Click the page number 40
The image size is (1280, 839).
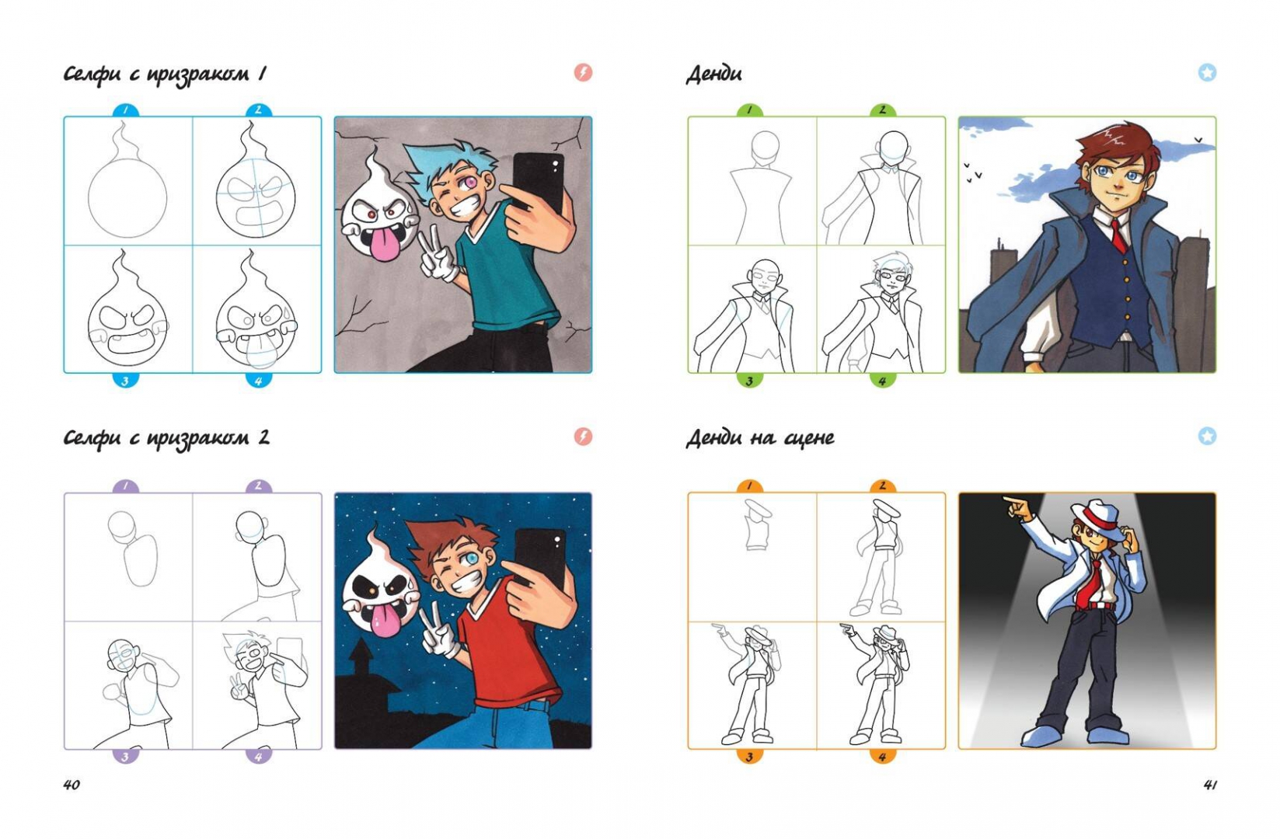point(71,785)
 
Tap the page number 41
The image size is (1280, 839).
point(1210,785)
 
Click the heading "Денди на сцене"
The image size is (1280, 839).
point(760,438)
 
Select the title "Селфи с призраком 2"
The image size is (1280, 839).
point(166,438)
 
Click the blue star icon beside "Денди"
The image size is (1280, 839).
point(1207,72)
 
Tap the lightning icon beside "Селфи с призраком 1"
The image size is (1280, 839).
point(583,72)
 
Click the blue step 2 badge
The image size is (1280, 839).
point(258,110)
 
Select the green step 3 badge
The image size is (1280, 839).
point(750,380)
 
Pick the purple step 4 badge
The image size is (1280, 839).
point(258,756)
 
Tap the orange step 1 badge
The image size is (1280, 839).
point(750,486)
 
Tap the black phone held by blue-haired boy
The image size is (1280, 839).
point(539,183)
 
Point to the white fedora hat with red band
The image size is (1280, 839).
point(1095,517)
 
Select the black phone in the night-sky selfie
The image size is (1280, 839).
point(539,557)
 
